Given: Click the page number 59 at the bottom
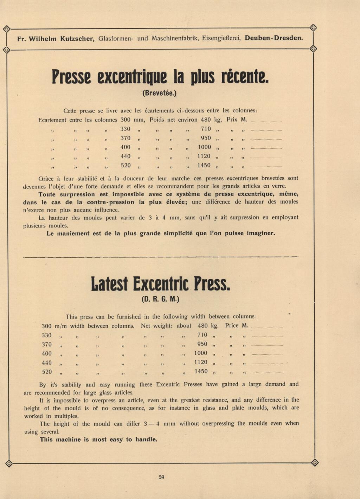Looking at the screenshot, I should coord(161,477).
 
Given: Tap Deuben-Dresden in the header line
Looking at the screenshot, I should coord(274,38).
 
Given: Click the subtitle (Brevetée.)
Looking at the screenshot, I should coord(160,94).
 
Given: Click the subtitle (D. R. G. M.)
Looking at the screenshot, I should coord(161,300).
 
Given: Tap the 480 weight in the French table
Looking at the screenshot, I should coord(206,120).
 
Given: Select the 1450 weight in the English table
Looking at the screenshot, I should coord(201,371).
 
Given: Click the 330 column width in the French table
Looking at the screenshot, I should coord(126,129).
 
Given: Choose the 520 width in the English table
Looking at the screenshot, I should coord(47,372).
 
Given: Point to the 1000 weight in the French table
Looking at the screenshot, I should coord(204,147).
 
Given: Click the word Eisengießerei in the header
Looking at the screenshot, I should coord(221,38).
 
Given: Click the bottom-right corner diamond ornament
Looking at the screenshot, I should coord(315,463).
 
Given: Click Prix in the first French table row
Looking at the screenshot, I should coord(232,120).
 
